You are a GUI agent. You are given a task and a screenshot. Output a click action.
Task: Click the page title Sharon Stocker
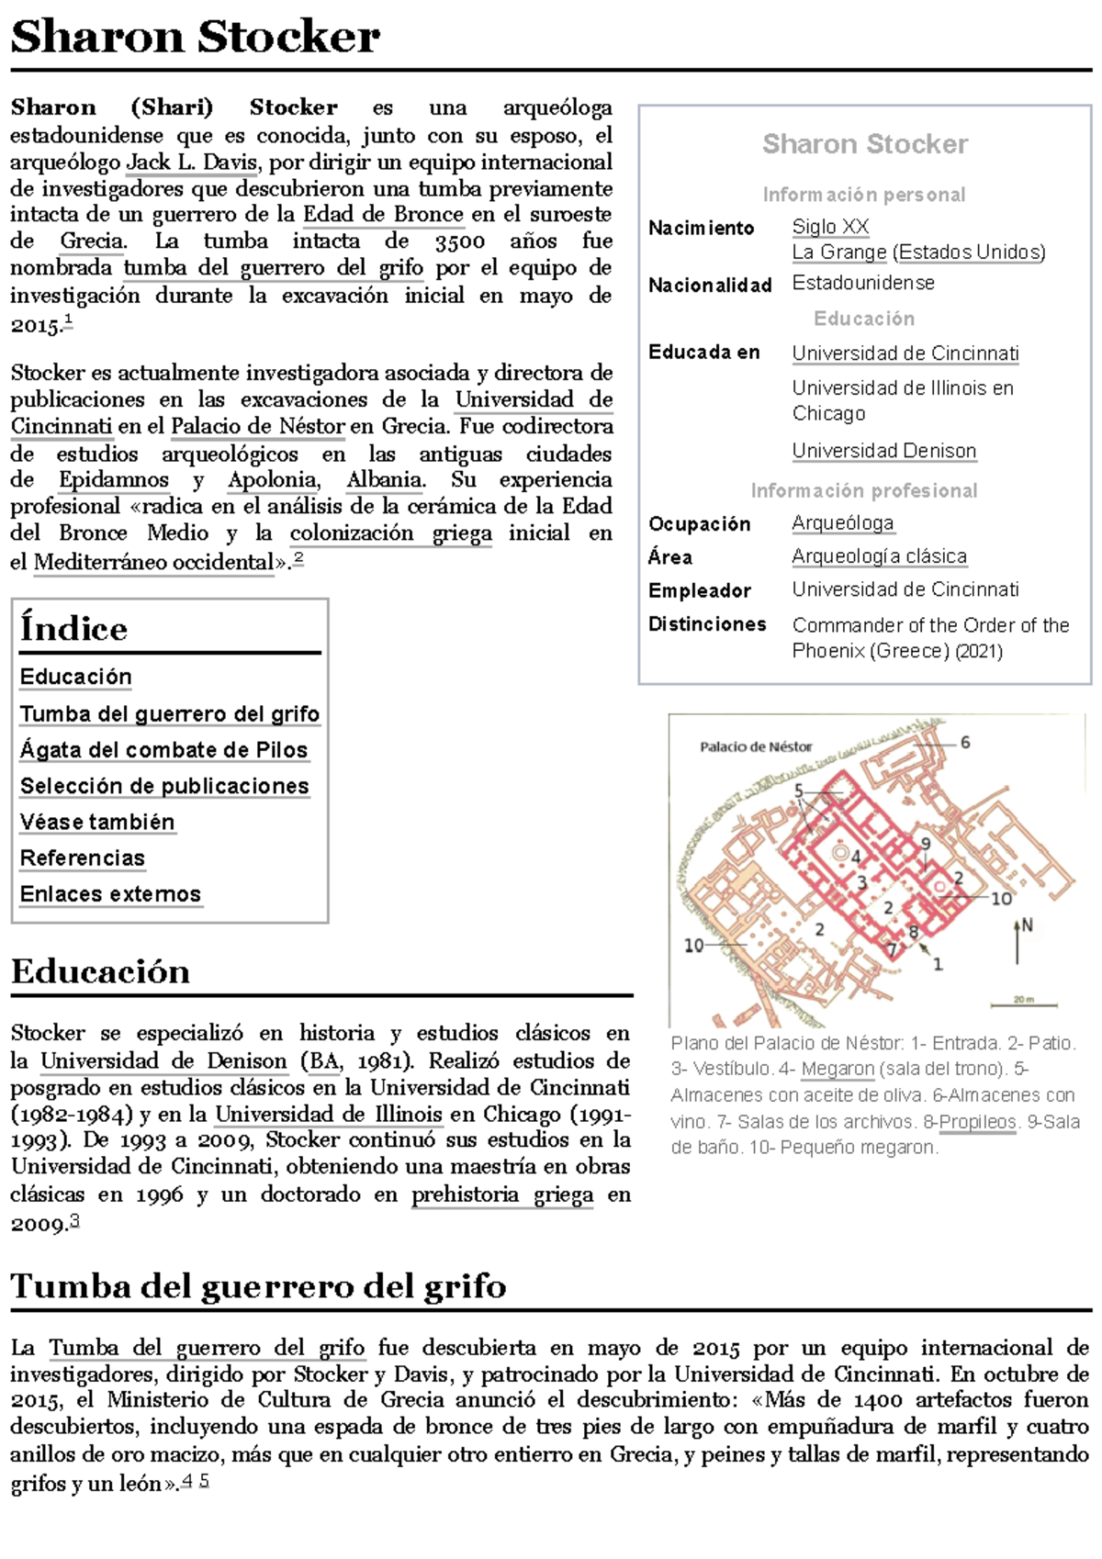(x=195, y=38)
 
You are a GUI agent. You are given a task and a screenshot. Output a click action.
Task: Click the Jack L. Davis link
(x=193, y=163)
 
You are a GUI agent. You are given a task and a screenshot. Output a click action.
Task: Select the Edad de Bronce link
(x=383, y=215)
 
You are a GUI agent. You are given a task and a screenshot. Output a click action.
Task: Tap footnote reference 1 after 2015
(x=68, y=321)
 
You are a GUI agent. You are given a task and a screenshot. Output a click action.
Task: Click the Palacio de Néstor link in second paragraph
(x=257, y=427)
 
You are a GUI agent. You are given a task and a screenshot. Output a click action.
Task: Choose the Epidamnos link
(x=114, y=480)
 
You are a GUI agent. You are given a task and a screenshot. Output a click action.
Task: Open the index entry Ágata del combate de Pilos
(x=163, y=750)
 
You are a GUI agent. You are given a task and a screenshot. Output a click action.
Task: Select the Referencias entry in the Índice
(x=83, y=858)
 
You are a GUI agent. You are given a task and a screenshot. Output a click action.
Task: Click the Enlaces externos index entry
(x=110, y=894)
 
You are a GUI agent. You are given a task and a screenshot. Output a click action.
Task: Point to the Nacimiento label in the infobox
(x=701, y=228)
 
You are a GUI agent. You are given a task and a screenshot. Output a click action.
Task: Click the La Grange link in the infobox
(x=839, y=252)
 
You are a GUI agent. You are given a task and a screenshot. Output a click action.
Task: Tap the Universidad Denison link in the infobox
(x=883, y=451)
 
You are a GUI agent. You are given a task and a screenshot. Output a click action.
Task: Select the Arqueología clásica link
(x=879, y=556)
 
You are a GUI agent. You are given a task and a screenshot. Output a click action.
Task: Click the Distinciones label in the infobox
(x=707, y=624)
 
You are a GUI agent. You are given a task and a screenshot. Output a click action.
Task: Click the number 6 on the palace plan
(x=964, y=742)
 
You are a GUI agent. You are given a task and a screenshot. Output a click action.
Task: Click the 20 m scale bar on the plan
(x=1023, y=1003)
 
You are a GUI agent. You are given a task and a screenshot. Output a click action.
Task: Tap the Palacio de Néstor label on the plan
(x=756, y=746)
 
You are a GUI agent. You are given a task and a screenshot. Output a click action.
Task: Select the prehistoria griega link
(x=501, y=1195)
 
